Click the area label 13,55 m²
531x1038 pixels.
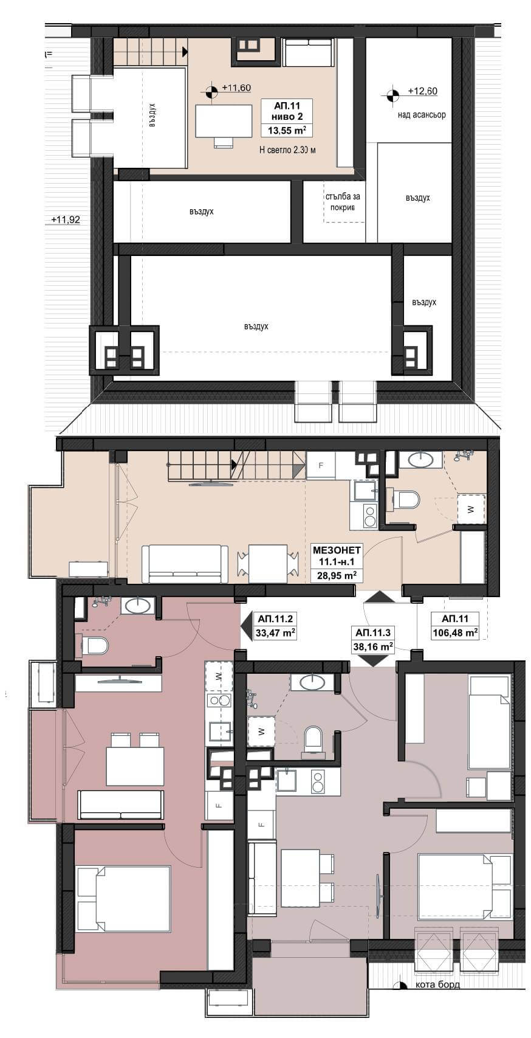[287, 130]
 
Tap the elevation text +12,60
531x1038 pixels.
[422, 91]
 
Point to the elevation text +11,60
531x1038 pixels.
[236, 88]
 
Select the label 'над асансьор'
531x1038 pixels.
[422, 114]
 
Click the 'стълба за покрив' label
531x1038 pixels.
[343, 202]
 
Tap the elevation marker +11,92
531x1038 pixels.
[66, 220]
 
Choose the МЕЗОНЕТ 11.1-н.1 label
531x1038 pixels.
[337, 556]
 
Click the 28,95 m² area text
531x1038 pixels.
[337, 576]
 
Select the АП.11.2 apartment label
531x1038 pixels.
[275, 618]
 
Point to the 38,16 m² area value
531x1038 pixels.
[373, 646]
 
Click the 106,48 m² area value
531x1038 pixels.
[455, 632]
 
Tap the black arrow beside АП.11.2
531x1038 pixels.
[246, 626]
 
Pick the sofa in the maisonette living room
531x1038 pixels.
[185, 564]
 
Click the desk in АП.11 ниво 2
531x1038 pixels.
[224, 121]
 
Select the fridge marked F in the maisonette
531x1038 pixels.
[321, 465]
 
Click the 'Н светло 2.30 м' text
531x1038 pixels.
[287, 150]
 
